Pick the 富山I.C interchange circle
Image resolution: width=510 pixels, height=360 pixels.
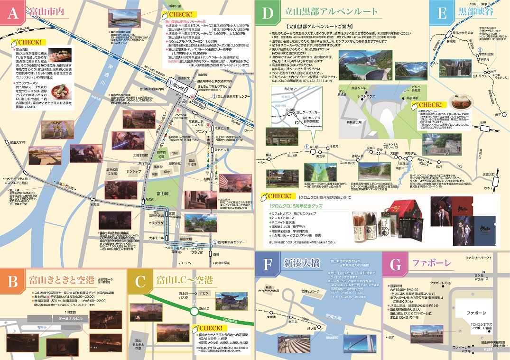point(194,312)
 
